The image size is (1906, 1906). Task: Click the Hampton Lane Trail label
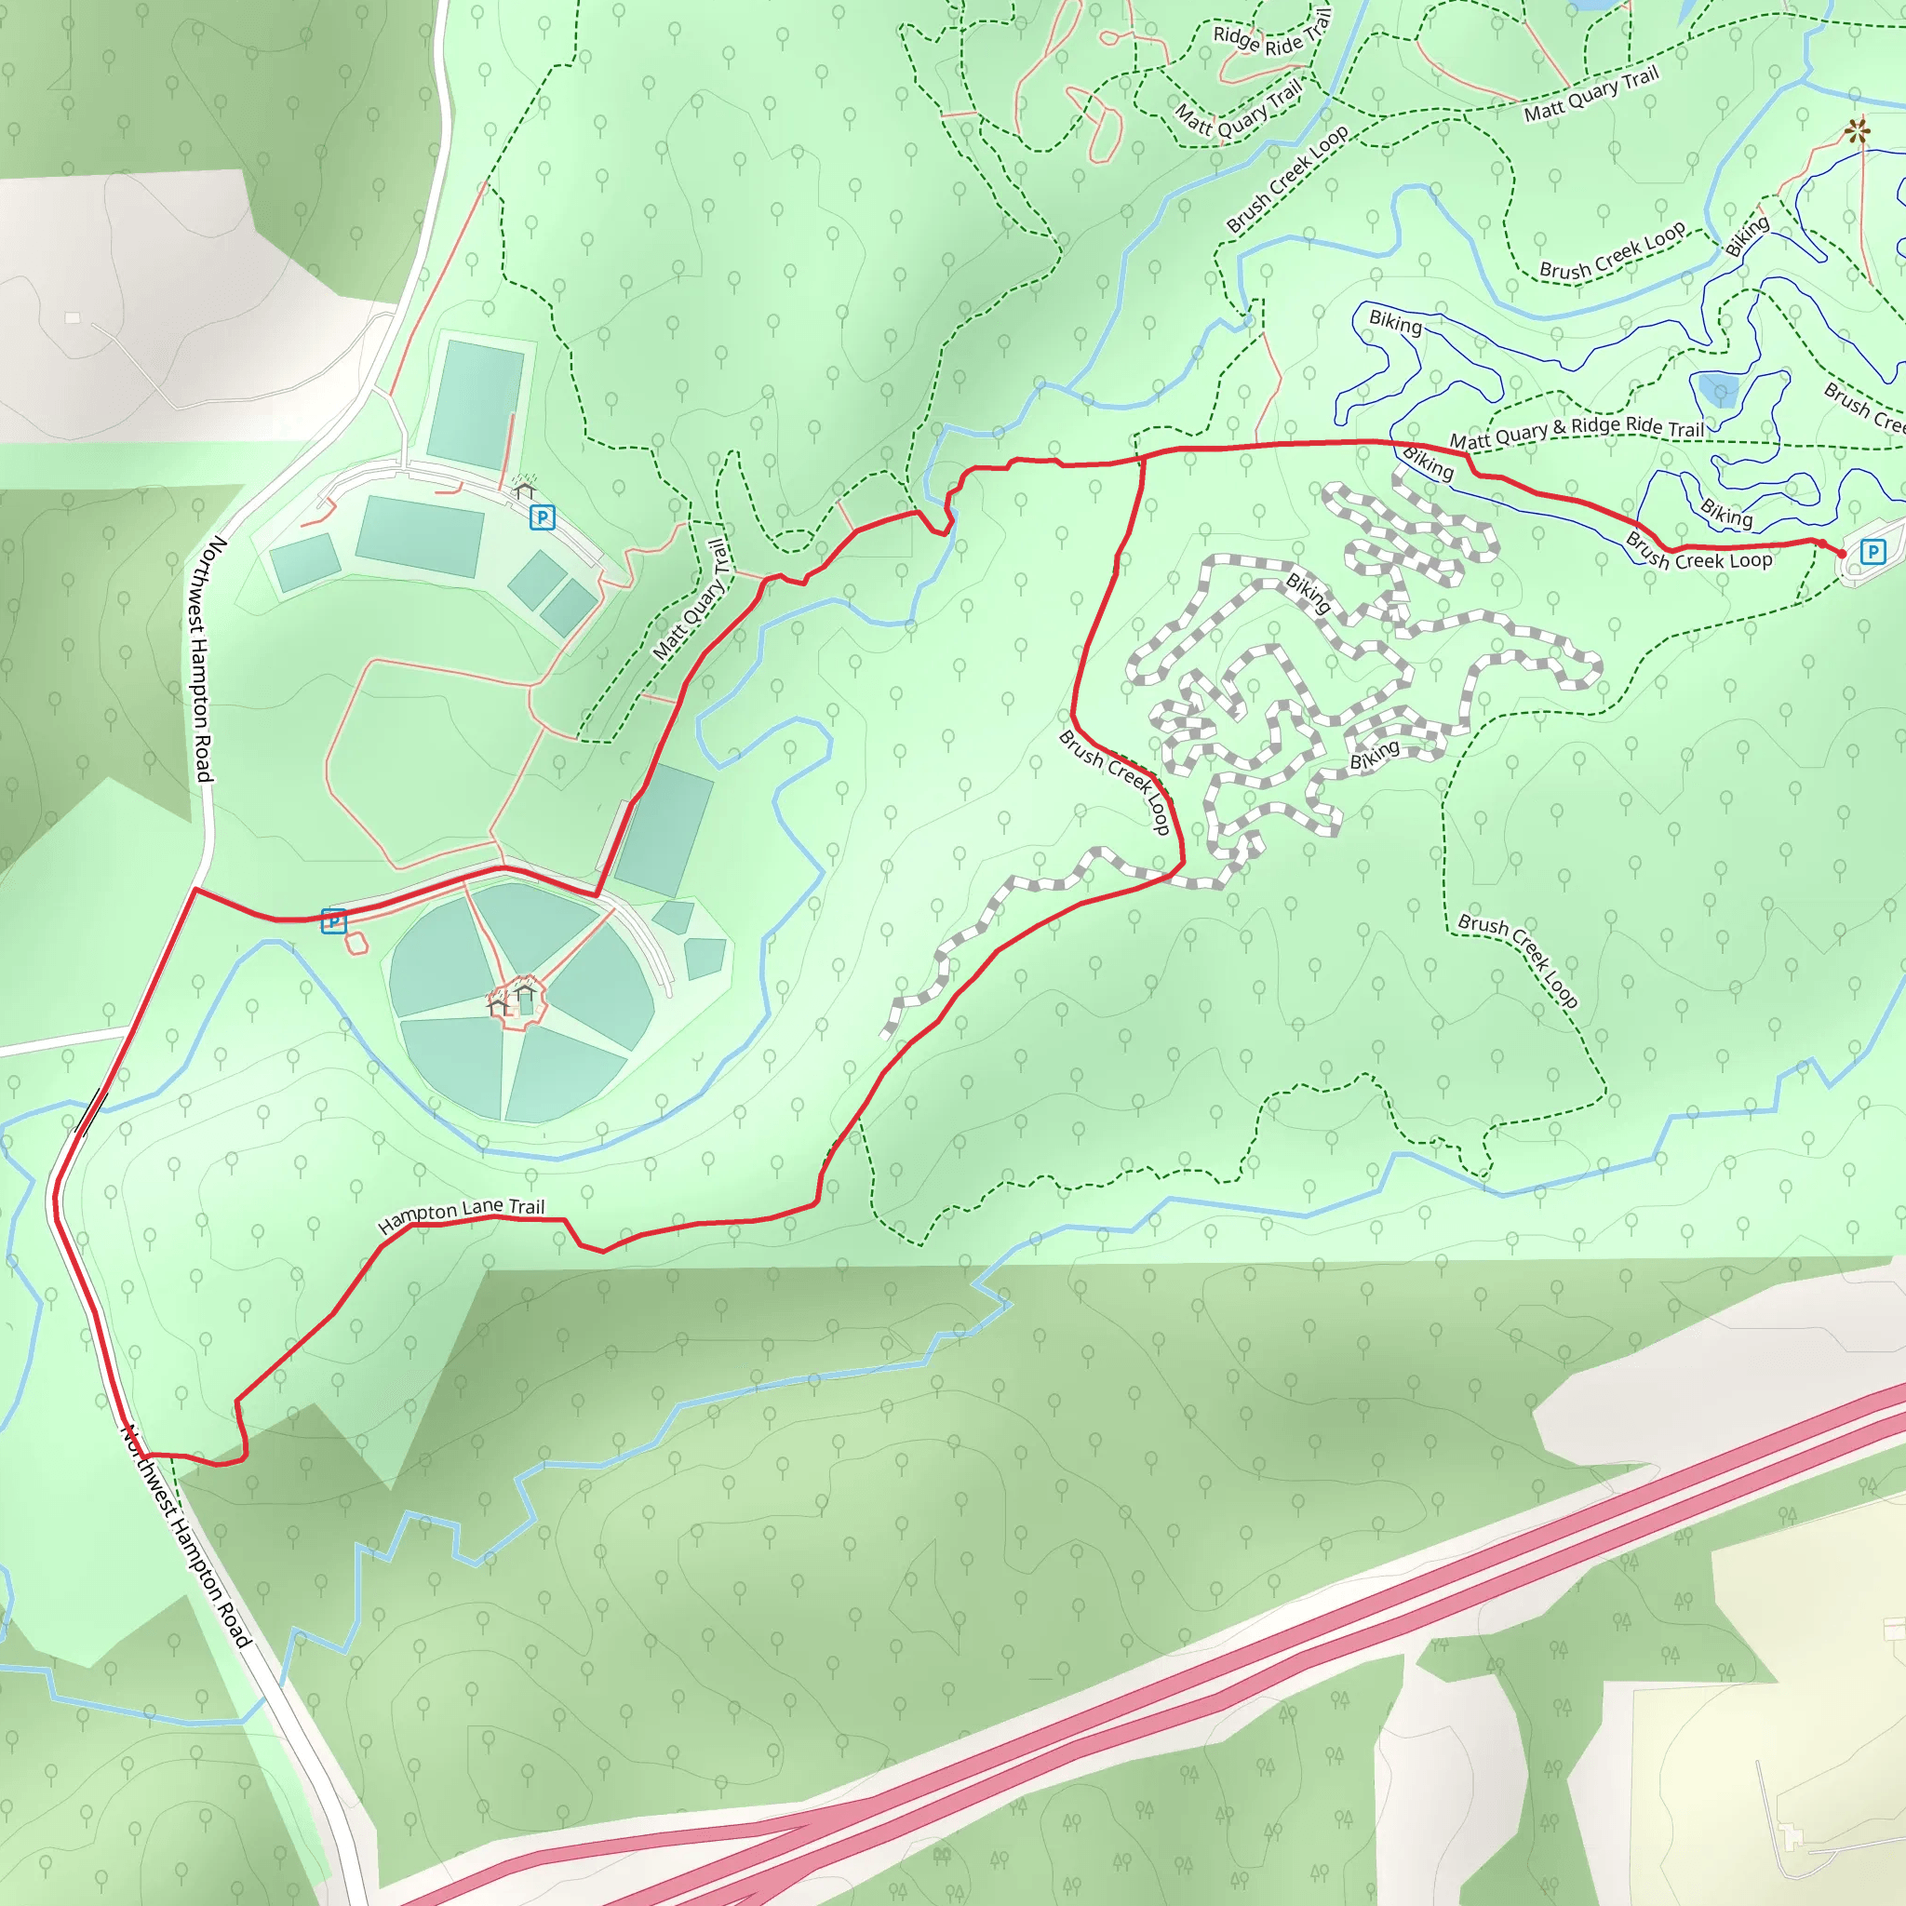pyautogui.click(x=461, y=1215)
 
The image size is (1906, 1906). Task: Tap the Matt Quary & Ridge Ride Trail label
pyautogui.click(x=1577, y=431)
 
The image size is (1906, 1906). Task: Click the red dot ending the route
pyautogui.click(x=1841, y=554)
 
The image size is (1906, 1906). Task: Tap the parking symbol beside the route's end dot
pyautogui.click(x=1872, y=552)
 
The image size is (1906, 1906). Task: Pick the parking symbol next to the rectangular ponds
pyautogui.click(x=542, y=517)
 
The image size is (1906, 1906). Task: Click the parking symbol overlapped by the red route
pyautogui.click(x=333, y=921)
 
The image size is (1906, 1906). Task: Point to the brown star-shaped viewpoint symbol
pyautogui.click(x=1858, y=130)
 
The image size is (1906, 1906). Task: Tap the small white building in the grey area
pyautogui.click(x=72, y=317)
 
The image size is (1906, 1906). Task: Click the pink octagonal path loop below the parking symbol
pyautogui.click(x=356, y=944)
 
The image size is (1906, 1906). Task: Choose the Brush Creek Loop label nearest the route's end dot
pyautogui.click(x=1698, y=554)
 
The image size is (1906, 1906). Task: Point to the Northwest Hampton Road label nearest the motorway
pyautogui.click(x=185, y=1536)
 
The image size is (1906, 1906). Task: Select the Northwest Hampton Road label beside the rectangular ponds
pyautogui.click(x=201, y=659)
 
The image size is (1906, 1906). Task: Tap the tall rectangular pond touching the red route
pyautogui.click(x=662, y=829)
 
